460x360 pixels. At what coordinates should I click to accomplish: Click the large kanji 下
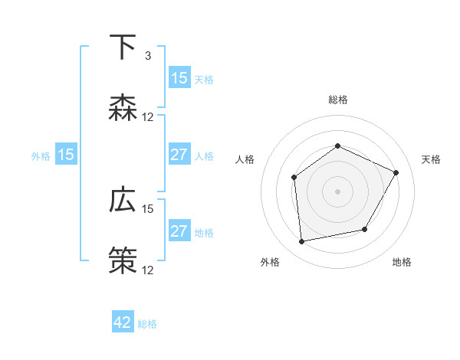coord(123,47)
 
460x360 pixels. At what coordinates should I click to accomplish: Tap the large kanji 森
coord(123,108)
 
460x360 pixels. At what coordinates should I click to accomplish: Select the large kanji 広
coord(123,201)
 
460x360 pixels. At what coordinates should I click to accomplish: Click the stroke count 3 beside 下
coord(148,56)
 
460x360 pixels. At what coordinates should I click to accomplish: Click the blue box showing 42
coord(123,322)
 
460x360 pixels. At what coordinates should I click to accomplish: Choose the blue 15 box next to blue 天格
coord(179,78)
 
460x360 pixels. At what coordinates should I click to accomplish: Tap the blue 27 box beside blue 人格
coord(179,155)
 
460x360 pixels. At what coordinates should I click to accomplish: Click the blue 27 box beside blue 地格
coord(179,231)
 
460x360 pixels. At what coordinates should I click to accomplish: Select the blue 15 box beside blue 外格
coord(66,155)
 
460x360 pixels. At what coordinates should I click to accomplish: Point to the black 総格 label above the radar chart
coord(337,100)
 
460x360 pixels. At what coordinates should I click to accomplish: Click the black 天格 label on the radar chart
coord(431,159)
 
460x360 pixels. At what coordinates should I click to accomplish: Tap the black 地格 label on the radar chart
coord(402,262)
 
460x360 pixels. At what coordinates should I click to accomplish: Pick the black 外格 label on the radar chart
coord(270,262)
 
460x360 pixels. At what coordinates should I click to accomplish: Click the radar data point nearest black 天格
coord(396,172)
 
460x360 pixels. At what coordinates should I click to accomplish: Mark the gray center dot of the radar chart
coord(337,191)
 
